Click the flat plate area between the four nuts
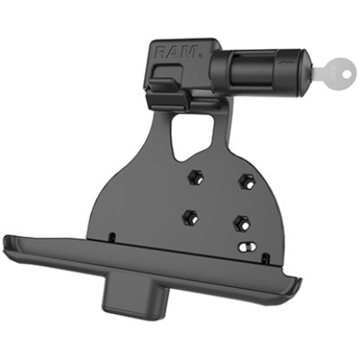(x=217, y=200)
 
